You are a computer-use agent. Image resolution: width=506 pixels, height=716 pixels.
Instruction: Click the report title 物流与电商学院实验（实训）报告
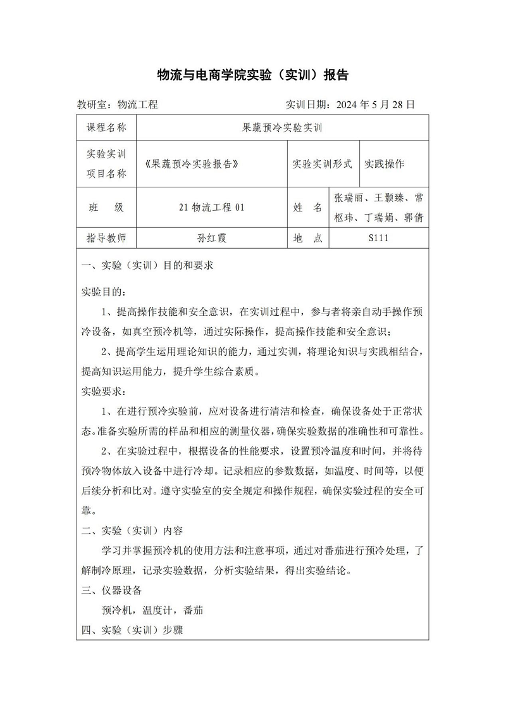[252, 75]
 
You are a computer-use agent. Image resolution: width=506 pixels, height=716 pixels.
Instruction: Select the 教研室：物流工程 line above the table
[117, 104]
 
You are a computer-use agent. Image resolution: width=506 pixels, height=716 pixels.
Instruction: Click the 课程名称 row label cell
[106, 127]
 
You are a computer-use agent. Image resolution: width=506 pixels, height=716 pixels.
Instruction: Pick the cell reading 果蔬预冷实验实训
[283, 127]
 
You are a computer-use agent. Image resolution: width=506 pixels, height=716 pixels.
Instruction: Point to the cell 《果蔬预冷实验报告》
[195, 163]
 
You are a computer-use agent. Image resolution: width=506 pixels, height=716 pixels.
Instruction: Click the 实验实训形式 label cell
[322, 163]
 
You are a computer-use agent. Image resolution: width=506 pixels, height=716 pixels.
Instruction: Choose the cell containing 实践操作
[385, 163]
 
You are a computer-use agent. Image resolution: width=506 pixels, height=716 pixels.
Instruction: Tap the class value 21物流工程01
[211, 207]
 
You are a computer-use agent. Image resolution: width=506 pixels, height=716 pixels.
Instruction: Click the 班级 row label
[106, 207]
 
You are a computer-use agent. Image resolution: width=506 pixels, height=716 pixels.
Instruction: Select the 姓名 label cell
[308, 207]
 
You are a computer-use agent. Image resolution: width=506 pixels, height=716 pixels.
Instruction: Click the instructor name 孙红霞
[211, 238]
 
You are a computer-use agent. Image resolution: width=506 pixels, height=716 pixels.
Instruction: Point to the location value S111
[378, 238]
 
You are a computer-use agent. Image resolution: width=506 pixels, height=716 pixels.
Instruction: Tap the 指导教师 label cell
[106, 238]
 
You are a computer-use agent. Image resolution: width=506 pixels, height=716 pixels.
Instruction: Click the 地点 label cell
[308, 238]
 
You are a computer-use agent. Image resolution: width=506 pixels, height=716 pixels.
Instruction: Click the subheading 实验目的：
[104, 292]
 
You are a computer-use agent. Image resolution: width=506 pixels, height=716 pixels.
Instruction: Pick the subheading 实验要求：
[104, 390]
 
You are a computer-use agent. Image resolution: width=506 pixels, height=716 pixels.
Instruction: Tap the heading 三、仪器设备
[112, 590]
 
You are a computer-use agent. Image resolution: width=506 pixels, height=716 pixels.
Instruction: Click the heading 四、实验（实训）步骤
[132, 631]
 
